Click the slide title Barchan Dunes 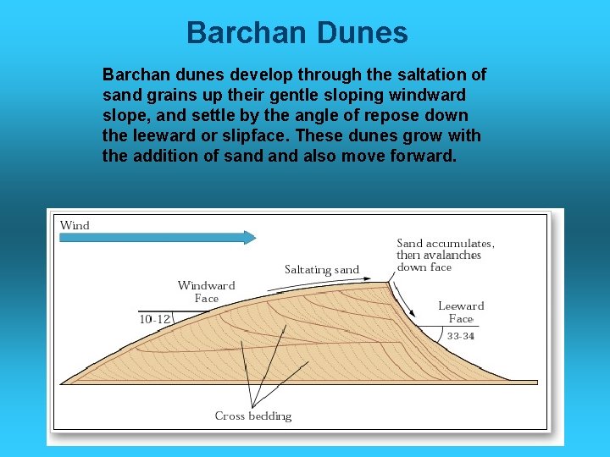coord(297,33)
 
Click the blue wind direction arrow coord(158,237)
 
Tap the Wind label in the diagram coord(75,225)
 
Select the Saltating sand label coord(322,270)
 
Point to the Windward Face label coord(206,292)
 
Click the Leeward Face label coord(461,312)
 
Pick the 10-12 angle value coord(154,319)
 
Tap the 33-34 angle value coord(460,336)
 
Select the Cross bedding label coord(252,416)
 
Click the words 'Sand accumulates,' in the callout coord(446,243)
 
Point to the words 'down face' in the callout coord(424,267)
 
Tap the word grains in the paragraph coord(163,95)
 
